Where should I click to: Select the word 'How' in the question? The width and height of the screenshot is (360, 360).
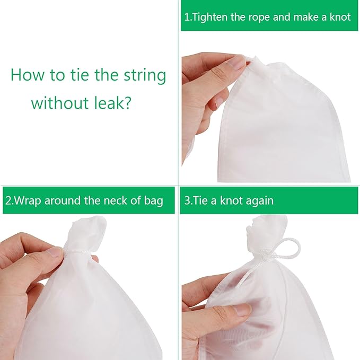click(x=27, y=75)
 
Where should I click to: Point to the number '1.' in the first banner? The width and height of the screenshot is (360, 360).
click(x=188, y=17)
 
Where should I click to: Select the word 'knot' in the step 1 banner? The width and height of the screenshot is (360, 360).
click(x=339, y=17)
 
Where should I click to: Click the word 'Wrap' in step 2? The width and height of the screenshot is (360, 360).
click(x=27, y=201)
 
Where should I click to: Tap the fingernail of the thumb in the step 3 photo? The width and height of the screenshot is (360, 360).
click(x=242, y=310)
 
